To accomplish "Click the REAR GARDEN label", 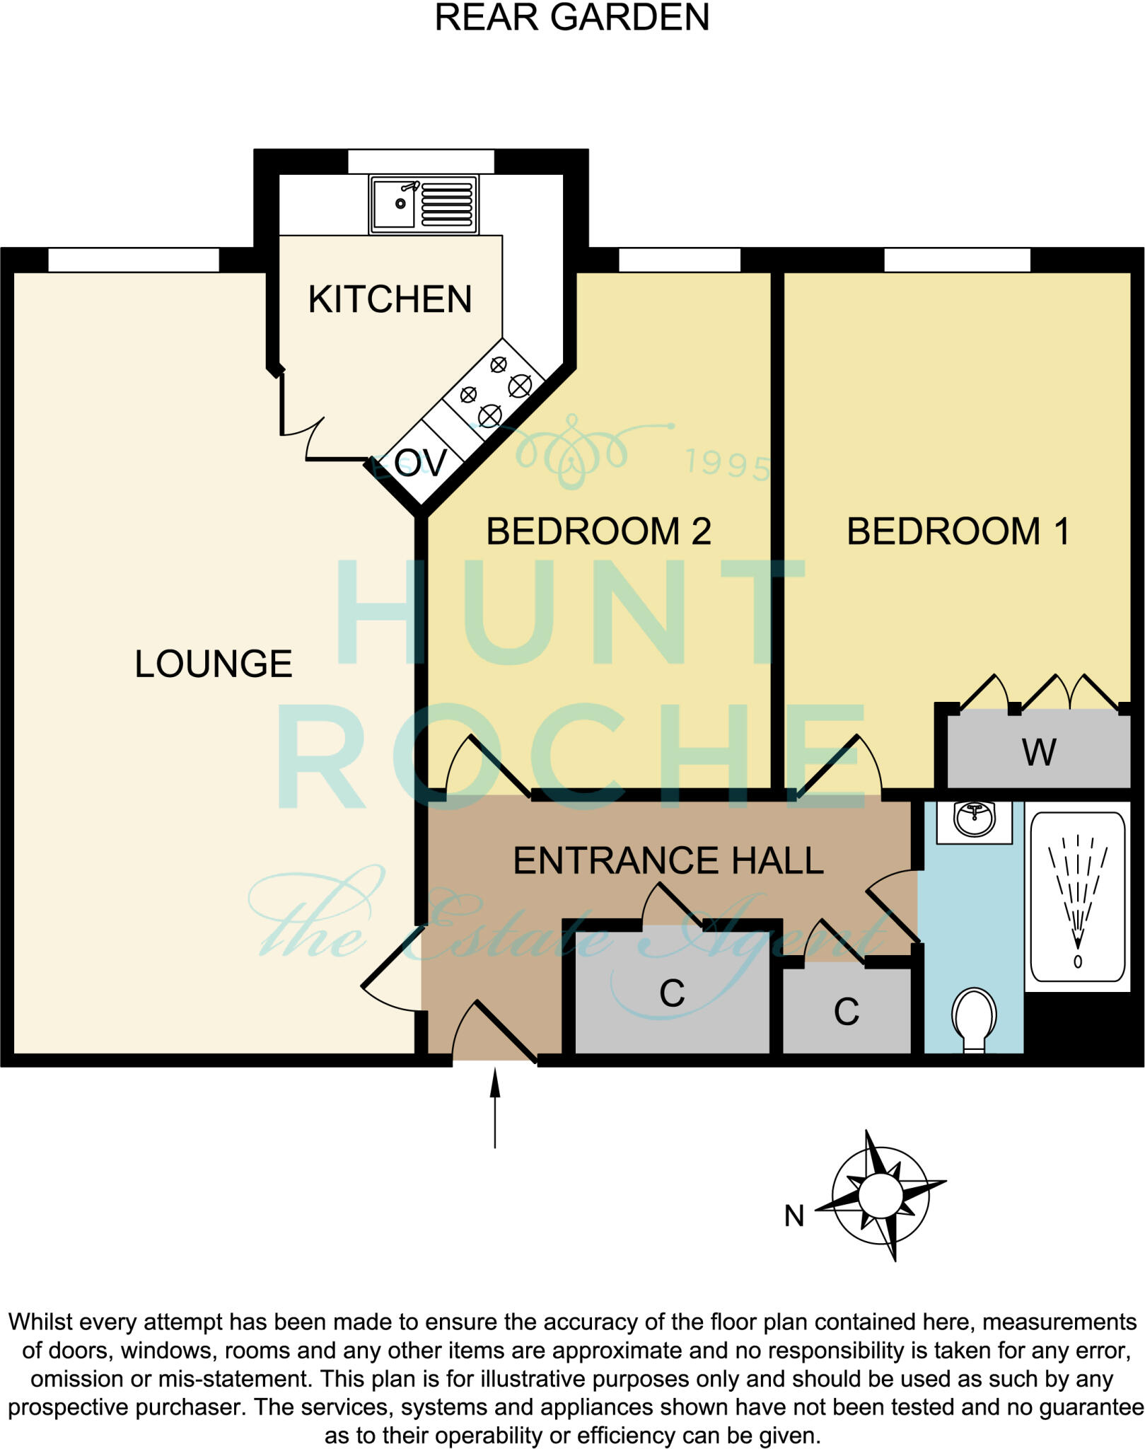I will click(x=571, y=18).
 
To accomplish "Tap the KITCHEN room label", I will click(x=390, y=299).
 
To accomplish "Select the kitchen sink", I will click(x=423, y=204).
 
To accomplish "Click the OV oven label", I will click(x=421, y=463).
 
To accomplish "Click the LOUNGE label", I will click(x=213, y=664).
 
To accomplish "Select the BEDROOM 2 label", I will click(x=598, y=531).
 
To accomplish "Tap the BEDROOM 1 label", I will click(x=958, y=531).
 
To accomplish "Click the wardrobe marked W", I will click(x=1038, y=751).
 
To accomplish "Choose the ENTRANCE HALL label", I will click(x=668, y=860).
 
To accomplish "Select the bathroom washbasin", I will click(x=974, y=821).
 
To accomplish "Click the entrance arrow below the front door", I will click(x=495, y=1107).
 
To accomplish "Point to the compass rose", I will click(x=881, y=1196).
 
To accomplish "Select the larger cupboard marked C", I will click(x=672, y=993).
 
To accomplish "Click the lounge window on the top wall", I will click(x=134, y=260).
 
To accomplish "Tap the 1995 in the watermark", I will click(x=727, y=465).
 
